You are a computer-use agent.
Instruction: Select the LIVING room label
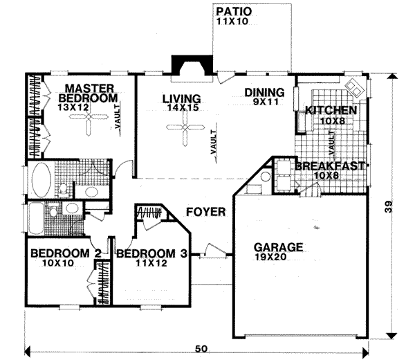182,98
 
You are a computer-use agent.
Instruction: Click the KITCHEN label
331,110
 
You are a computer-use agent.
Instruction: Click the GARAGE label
278,246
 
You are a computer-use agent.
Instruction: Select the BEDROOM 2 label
61,253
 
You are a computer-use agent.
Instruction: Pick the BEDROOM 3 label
151,253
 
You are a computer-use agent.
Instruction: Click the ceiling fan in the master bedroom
88,125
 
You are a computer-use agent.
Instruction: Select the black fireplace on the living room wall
187,65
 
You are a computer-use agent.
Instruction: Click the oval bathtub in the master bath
41,181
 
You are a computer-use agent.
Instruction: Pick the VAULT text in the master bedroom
120,113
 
